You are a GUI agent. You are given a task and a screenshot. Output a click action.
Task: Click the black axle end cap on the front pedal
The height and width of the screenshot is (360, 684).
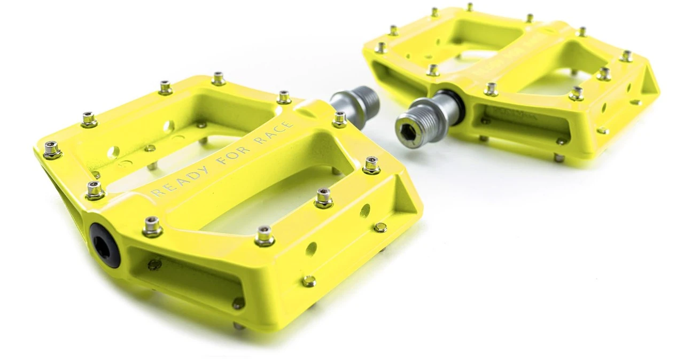(x=105, y=245)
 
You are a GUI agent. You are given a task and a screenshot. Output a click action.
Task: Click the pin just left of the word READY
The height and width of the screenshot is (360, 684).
(x=95, y=189)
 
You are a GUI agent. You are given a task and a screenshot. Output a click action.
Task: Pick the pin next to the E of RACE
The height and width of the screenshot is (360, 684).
(x=339, y=119)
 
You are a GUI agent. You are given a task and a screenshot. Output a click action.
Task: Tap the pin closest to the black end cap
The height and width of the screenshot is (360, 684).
(x=152, y=226)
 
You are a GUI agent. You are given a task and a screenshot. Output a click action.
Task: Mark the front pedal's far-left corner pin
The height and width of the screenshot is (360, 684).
(x=52, y=150)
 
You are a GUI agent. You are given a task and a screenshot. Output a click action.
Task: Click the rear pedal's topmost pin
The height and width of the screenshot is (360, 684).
(x=470, y=7)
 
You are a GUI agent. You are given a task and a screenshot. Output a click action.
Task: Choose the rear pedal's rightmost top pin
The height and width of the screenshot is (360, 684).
(x=626, y=56)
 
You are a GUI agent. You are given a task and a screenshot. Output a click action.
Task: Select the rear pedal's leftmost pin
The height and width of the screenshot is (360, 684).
(x=380, y=48)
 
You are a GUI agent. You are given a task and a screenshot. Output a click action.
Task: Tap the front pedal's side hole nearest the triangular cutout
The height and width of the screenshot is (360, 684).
(x=365, y=210)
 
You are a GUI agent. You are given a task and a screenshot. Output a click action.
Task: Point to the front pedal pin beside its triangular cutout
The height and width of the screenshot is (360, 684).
(x=371, y=165)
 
